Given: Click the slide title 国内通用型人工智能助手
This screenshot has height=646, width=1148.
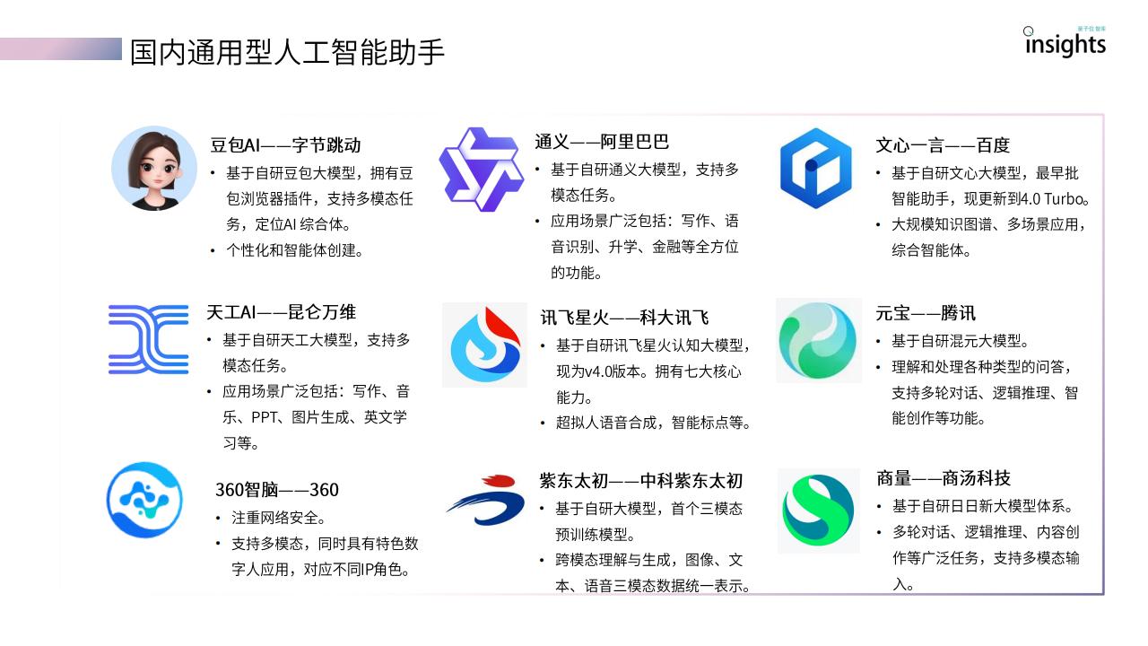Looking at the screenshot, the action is (287, 52).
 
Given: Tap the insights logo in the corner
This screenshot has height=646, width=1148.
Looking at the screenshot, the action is (1065, 42).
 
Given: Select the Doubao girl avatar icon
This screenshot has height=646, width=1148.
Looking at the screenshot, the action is (154, 169).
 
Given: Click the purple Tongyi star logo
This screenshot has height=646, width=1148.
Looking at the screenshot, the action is (482, 170).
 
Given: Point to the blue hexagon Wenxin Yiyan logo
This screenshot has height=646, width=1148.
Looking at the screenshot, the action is (816, 168).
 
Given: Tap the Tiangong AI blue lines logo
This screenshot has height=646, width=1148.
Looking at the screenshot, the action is (149, 339).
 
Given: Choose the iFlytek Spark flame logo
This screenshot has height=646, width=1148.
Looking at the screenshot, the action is (485, 345).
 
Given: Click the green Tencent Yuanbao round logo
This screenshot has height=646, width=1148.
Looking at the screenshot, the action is (817, 340).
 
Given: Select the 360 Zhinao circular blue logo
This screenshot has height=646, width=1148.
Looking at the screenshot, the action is (144, 500).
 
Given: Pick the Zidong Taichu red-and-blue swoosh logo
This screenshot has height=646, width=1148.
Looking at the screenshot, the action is (486, 500).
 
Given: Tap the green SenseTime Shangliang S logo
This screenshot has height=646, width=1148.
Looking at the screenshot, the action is (818, 511).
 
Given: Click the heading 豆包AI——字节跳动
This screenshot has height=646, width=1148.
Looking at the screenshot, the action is (285, 145).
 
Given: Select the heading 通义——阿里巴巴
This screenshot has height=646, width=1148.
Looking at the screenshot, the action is (602, 142).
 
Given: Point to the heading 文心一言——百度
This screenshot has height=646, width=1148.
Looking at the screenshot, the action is (943, 145).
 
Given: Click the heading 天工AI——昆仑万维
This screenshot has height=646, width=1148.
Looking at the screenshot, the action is (281, 311).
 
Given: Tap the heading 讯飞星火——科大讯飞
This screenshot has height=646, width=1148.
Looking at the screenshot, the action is (625, 318).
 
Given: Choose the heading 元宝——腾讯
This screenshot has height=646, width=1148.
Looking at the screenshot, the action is (925, 313).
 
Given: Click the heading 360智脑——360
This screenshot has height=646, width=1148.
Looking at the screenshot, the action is (277, 490).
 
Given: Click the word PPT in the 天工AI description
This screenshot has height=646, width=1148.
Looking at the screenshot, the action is (264, 417).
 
